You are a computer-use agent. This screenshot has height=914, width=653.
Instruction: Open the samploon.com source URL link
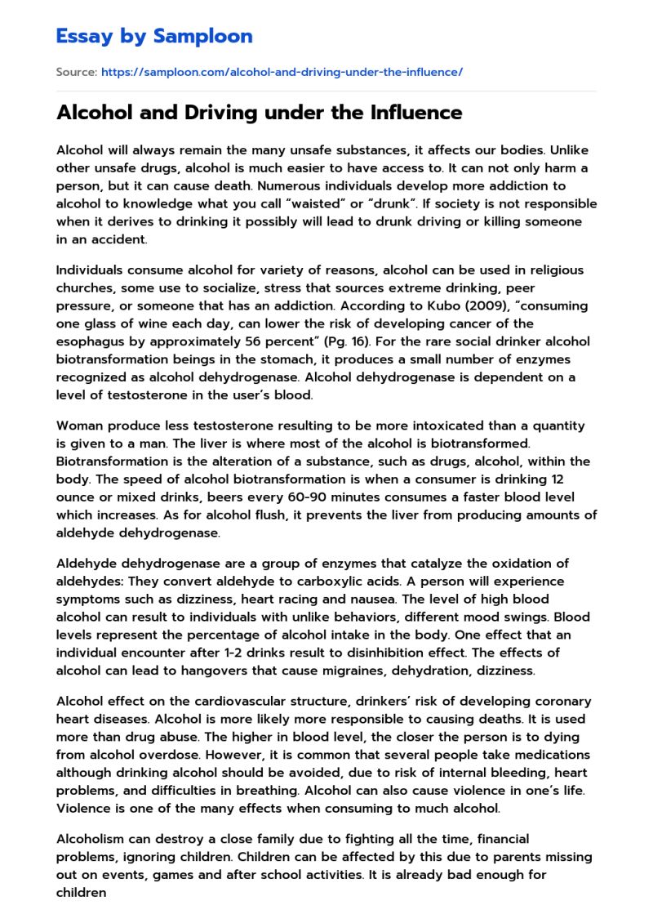pyautogui.click(x=282, y=72)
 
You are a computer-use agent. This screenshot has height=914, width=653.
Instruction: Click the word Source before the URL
pyautogui.click(x=76, y=72)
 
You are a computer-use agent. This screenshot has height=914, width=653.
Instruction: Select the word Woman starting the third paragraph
pyautogui.click(x=78, y=426)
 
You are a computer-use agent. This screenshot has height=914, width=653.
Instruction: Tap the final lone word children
pyautogui.click(x=81, y=892)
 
